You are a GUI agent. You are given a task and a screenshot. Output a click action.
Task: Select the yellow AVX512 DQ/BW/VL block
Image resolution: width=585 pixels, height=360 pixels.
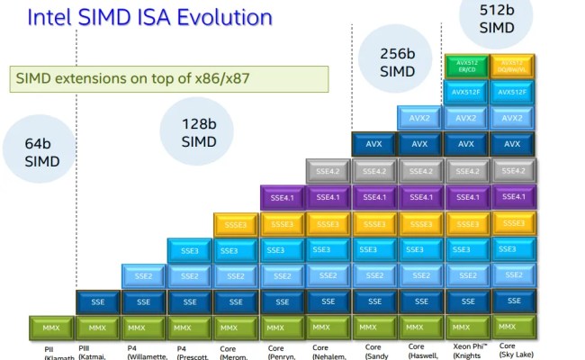pyautogui.click(x=512, y=66)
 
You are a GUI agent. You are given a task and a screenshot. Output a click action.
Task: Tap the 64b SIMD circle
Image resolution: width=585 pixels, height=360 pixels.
pyautogui.click(x=42, y=152)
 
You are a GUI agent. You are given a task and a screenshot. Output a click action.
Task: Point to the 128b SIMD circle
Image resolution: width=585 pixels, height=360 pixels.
pyautogui.click(x=199, y=132)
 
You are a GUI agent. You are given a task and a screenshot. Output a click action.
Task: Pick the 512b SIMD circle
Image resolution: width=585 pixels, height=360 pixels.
pyautogui.click(x=496, y=19)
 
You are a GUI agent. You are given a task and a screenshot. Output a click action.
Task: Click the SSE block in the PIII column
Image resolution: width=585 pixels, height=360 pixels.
pyautogui.click(x=97, y=302)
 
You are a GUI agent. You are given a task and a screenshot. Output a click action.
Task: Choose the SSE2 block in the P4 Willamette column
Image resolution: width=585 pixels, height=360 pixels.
pyautogui.click(x=144, y=276)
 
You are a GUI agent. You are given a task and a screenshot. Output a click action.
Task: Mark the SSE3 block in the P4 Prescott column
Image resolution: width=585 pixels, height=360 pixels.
pyautogui.click(x=190, y=250)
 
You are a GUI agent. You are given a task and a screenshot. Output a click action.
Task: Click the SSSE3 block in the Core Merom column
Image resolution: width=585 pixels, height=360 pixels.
pyautogui.click(x=236, y=224)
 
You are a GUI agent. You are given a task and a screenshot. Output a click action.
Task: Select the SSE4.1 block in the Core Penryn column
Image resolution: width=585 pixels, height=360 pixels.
pyautogui.click(x=283, y=197)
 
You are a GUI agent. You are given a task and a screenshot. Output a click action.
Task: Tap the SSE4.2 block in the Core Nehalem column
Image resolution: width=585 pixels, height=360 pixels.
pyautogui.click(x=328, y=171)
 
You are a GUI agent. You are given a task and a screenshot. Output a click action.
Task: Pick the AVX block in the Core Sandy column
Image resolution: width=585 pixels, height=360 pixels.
pyautogui.click(x=373, y=144)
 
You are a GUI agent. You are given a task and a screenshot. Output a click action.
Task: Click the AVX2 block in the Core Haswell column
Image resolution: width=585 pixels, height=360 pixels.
pyautogui.click(x=420, y=118)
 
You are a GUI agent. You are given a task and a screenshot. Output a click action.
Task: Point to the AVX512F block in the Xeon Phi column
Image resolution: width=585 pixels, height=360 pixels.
pyautogui.click(x=466, y=92)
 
